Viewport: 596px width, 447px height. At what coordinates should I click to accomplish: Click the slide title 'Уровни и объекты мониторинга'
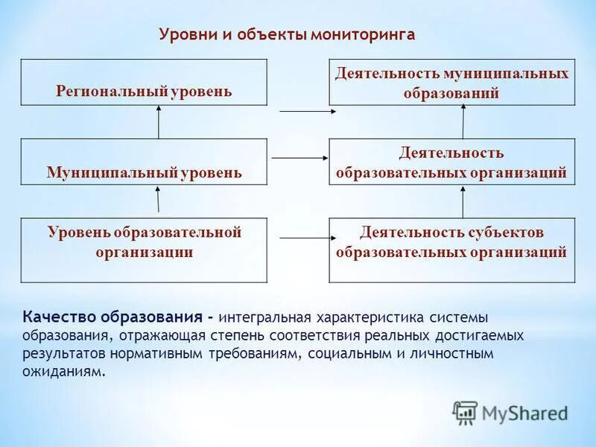[287, 35]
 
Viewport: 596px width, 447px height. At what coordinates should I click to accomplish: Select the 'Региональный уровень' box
[144, 83]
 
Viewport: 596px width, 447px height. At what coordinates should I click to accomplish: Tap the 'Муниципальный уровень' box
[144, 162]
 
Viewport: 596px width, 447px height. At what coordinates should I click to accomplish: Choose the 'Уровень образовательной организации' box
[144, 250]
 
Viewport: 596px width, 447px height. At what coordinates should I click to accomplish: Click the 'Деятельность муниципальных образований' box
[451, 83]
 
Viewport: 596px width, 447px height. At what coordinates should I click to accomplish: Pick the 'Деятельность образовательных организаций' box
[451, 162]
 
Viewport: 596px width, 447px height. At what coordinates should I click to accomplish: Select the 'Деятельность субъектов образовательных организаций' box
[451, 250]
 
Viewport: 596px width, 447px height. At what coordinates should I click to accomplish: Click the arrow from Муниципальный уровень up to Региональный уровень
[159, 121]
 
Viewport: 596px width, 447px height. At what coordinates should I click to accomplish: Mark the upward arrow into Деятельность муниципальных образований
[463, 121]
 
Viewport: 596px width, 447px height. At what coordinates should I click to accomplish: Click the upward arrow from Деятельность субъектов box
[463, 201]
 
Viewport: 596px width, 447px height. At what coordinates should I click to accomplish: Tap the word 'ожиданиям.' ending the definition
[64, 370]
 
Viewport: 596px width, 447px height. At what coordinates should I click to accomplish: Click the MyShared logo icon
[465, 412]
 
